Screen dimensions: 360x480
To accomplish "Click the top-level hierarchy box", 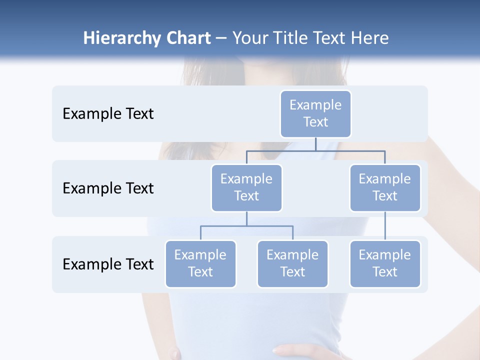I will pyautogui.click(x=315, y=113).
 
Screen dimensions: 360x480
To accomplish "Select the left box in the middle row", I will pyautogui.click(x=246, y=187).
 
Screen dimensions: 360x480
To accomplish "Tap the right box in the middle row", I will pyautogui.click(x=385, y=187).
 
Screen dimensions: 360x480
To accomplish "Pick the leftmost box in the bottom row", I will pyautogui.click(x=200, y=263).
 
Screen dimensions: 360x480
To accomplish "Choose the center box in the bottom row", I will pyautogui.click(x=292, y=263).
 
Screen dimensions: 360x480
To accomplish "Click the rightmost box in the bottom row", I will pyautogui.click(x=385, y=263).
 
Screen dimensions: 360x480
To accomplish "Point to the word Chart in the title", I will pyautogui.click(x=188, y=38).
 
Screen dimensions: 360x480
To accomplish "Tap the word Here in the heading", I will pyautogui.click(x=369, y=38).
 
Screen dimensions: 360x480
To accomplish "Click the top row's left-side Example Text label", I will pyautogui.click(x=108, y=113).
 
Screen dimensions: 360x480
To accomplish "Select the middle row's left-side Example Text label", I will pyautogui.click(x=108, y=188).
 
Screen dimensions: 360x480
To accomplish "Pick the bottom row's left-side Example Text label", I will pyautogui.click(x=108, y=264).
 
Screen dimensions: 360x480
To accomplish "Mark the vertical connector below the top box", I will pyautogui.click(x=315, y=144).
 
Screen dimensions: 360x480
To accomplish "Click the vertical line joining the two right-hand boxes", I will pyautogui.click(x=385, y=225).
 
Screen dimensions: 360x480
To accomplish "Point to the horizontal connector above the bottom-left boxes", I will pyautogui.click(x=246, y=226).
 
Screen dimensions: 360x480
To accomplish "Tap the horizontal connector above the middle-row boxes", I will pyautogui.click(x=315, y=150).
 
